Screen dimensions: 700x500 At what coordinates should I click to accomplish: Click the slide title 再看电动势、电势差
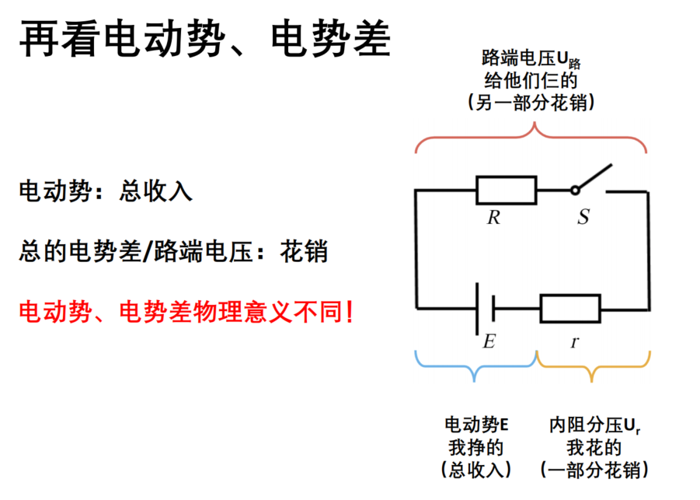[205, 40]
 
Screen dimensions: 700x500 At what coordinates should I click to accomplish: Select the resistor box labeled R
[507, 191]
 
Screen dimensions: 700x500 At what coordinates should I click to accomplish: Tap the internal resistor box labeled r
[570, 308]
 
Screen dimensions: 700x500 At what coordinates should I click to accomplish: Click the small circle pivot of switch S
[575, 191]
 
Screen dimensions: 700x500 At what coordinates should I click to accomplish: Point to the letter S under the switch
[583, 217]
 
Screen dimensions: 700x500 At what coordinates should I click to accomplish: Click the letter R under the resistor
[494, 218]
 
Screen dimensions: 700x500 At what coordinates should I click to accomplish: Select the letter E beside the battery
[489, 341]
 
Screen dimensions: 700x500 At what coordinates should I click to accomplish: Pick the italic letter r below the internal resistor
[575, 342]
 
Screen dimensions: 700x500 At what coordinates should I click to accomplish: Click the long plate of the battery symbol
[477, 308]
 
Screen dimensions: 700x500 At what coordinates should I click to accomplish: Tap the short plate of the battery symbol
[493, 308]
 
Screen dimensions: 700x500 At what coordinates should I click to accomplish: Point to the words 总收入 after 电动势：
[156, 191]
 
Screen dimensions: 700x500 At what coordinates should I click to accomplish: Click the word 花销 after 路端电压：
[304, 251]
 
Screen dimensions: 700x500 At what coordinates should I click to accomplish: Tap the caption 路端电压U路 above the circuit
[531, 58]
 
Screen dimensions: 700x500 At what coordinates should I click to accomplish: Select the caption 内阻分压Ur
[595, 425]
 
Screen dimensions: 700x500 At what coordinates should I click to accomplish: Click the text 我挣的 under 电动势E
[476, 447]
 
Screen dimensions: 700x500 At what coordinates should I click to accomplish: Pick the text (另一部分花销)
[531, 103]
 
